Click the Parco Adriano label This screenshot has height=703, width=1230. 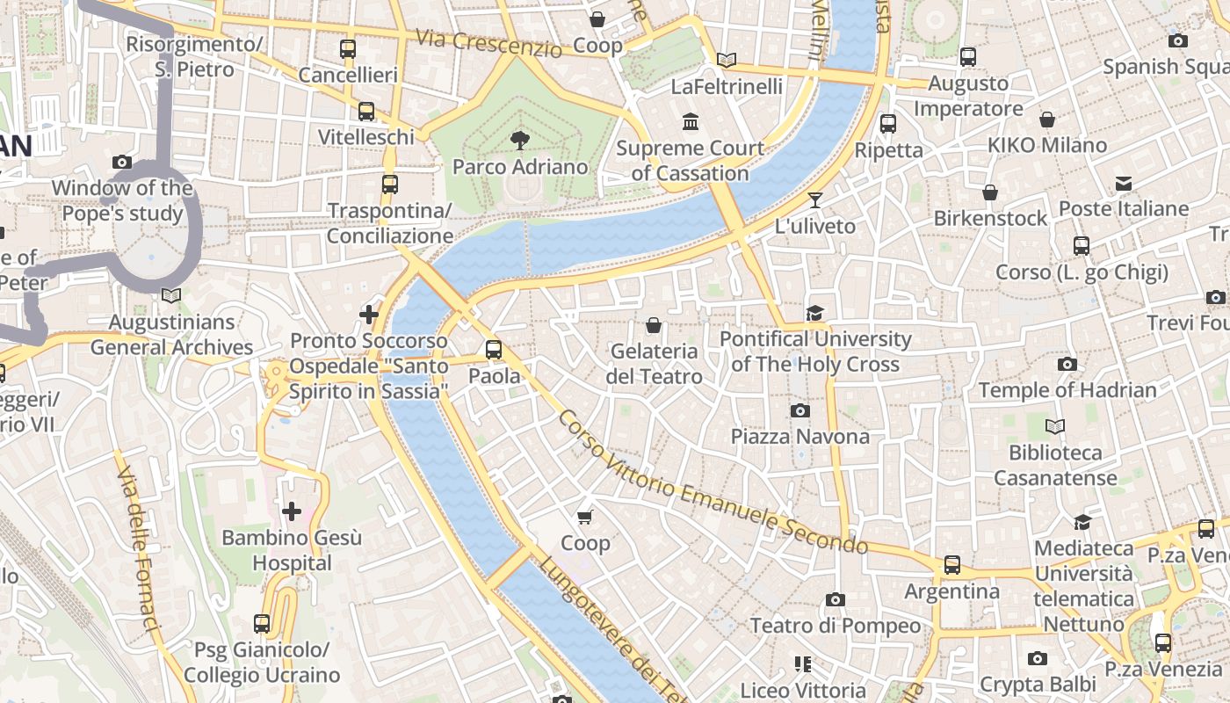[520, 166]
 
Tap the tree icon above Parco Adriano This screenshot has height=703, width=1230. [520, 140]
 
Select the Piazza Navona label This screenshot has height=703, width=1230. [799, 437]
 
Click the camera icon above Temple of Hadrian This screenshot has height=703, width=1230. [1067, 364]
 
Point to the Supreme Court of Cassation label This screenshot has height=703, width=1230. [690, 161]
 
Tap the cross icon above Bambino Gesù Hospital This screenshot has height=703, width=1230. [292, 511]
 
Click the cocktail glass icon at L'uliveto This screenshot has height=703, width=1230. [815, 200]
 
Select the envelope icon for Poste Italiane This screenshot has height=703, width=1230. [1124, 184]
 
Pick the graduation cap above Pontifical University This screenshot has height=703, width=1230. [815, 314]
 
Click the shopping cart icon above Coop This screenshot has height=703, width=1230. [585, 517]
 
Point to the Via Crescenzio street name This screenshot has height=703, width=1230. [488, 42]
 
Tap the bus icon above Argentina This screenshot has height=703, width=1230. [952, 565]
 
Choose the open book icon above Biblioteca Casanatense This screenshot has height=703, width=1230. [1055, 427]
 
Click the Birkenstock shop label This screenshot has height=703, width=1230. [990, 218]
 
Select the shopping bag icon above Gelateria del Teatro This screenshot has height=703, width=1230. [654, 326]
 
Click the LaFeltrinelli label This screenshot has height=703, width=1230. [727, 86]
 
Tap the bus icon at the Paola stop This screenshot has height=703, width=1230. [494, 350]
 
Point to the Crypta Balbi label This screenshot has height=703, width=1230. [1038, 684]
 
